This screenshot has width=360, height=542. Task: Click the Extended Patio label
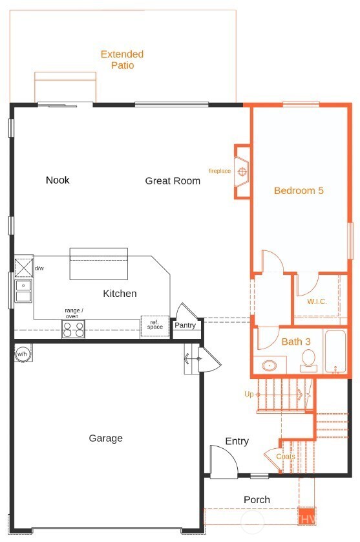[x=122, y=60]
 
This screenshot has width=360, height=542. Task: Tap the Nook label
[x=58, y=180]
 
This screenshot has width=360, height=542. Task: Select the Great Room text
[x=173, y=181]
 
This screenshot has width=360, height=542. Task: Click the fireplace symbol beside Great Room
[x=242, y=171]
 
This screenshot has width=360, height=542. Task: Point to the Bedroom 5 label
[x=298, y=191]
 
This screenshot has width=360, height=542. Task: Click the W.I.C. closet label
[x=317, y=301]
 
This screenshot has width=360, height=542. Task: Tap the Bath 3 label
[x=296, y=341]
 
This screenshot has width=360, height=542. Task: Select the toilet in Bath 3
[x=308, y=360]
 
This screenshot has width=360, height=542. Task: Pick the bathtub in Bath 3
[x=335, y=352]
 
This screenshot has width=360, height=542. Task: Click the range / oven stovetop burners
[x=73, y=330]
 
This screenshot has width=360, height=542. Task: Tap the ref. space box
[x=155, y=326]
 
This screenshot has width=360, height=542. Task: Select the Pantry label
[x=185, y=325]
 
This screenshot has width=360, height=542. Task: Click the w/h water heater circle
[x=23, y=354]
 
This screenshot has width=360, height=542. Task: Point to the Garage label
[x=105, y=439]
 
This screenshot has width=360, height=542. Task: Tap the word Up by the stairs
[x=249, y=394]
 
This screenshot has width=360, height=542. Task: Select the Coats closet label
[x=286, y=457]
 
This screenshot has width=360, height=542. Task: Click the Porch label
[x=257, y=500]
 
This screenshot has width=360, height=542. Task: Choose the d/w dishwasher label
[x=39, y=268]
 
